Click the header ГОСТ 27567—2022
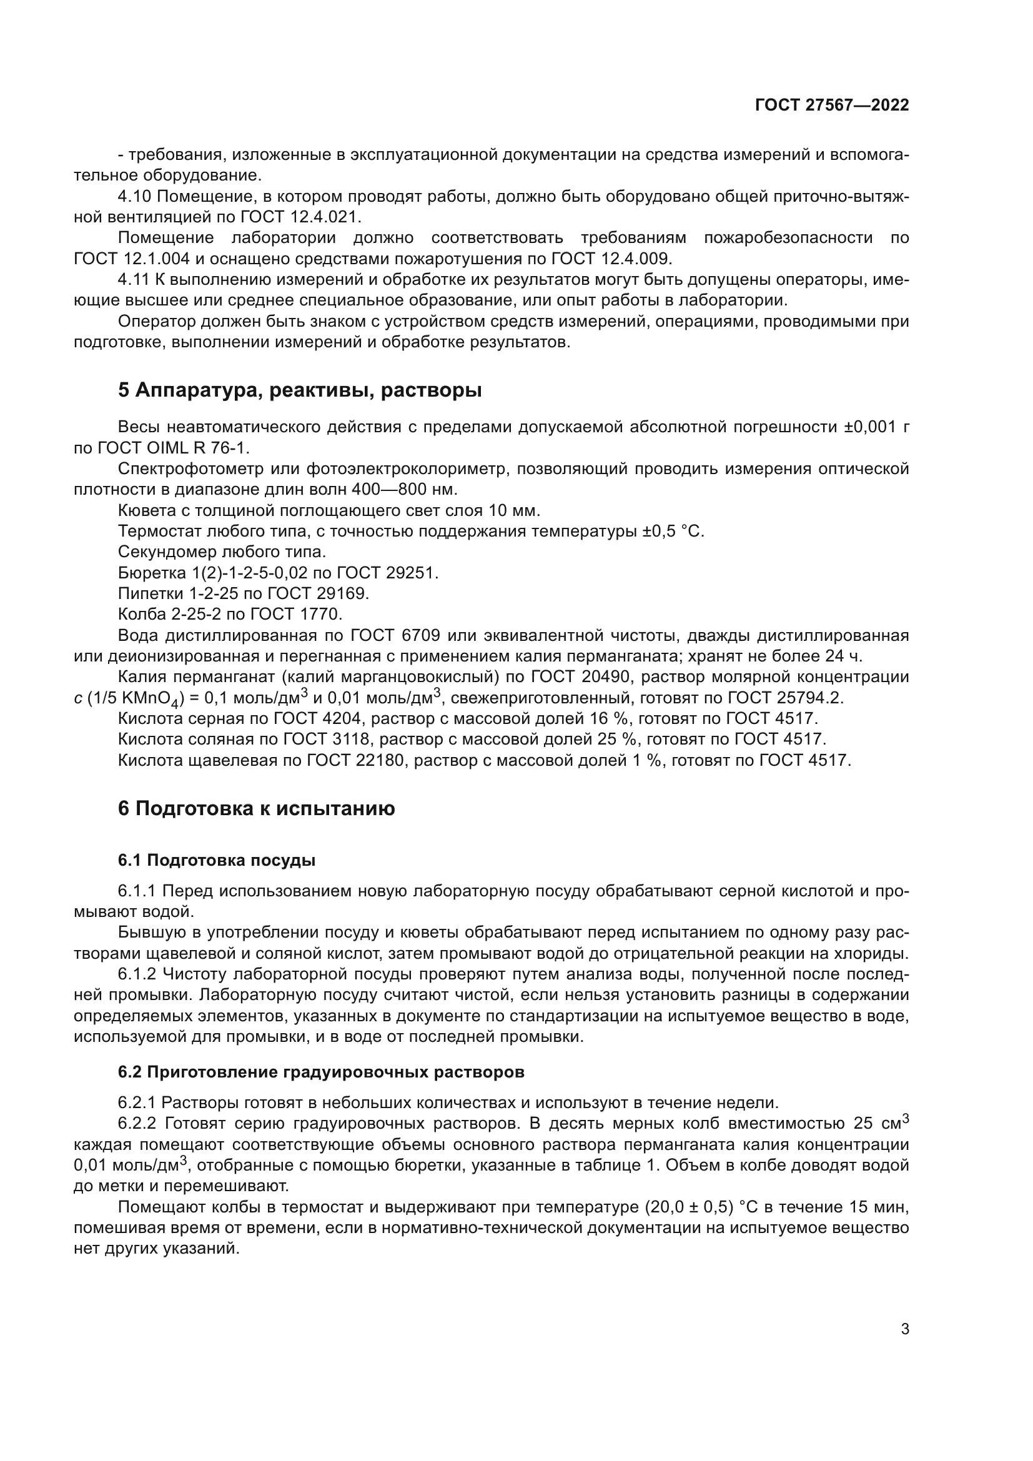(831, 105)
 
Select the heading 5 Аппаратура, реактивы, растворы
(300, 390)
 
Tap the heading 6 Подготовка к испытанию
(256, 808)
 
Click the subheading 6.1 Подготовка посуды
(216, 860)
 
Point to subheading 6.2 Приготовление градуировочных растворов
(320, 1072)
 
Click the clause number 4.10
(134, 197)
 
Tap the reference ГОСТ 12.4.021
(299, 217)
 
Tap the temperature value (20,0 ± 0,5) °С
(713, 1207)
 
